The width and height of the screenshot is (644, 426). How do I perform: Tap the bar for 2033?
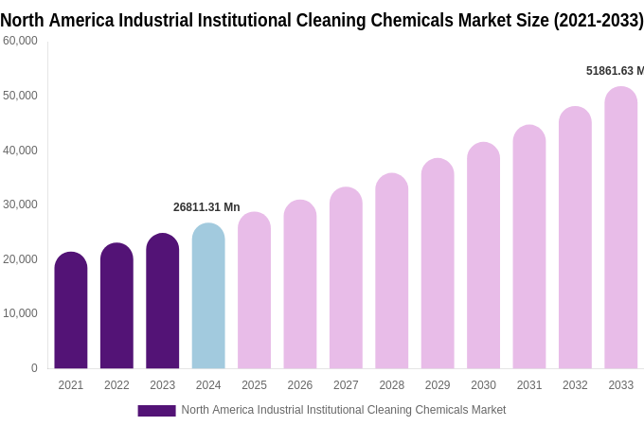pos(620,228)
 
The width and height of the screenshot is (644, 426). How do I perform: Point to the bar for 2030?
pos(483,256)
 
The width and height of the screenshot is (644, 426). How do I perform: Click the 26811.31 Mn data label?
pos(206,207)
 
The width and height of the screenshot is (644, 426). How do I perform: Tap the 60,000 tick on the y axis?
pos(20,41)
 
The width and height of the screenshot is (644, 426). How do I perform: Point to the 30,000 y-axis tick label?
pos(20,204)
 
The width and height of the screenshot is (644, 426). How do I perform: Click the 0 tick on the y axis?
pos(34,368)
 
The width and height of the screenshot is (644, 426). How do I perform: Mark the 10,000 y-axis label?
pos(20,313)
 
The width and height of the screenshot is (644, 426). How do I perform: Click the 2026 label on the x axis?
pos(300,385)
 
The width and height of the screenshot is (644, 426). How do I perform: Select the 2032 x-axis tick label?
pos(575,385)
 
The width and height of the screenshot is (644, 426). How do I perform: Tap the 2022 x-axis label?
pos(116,385)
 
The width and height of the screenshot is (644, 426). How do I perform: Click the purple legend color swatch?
pos(156,411)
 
